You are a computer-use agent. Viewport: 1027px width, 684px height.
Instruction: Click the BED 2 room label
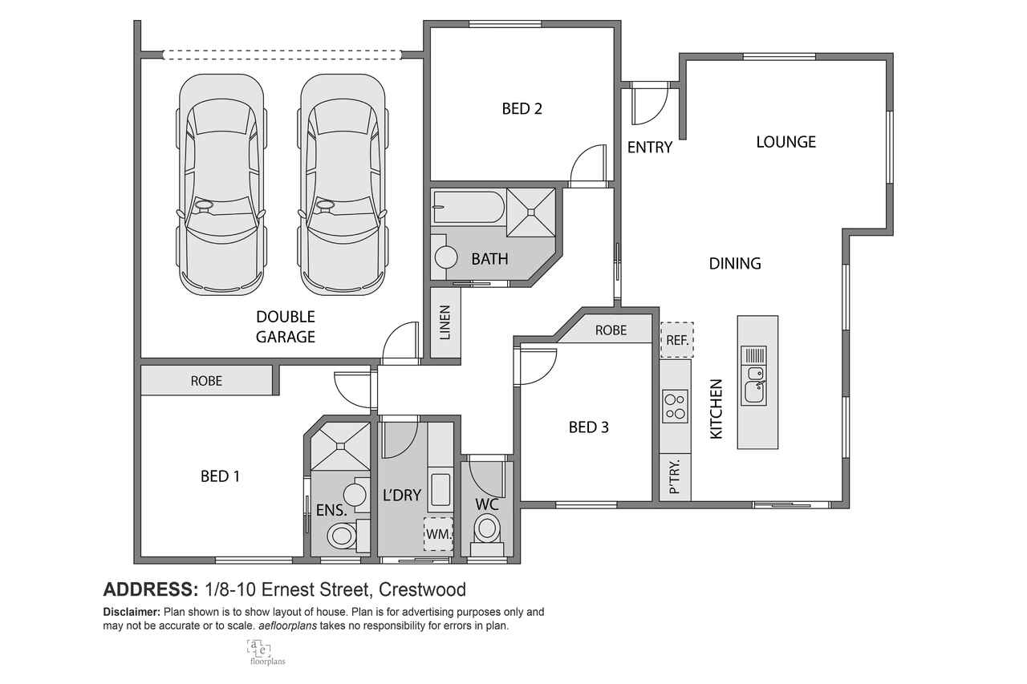(522, 108)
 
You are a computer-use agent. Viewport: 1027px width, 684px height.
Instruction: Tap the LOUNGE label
(785, 142)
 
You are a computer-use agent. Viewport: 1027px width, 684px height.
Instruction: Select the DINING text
(735, 264)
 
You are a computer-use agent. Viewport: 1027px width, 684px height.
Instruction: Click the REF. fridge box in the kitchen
(676, 340)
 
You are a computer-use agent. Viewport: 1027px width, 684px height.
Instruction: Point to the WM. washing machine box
(438, 534)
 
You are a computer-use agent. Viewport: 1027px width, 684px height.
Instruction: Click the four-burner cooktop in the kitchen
(676, 406)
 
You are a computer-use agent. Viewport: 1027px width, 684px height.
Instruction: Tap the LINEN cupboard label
(445, 322)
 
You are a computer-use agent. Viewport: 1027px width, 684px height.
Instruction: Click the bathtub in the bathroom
(468, 208)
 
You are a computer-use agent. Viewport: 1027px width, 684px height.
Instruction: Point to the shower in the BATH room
(531, 212)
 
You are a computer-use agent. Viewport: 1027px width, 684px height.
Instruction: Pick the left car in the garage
(221, 184)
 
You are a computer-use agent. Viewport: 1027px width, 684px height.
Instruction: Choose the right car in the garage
(343, 184)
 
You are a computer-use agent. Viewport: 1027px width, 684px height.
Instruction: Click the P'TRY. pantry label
(675, 476)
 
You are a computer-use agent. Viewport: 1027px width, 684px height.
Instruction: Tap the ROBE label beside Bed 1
(206, 381)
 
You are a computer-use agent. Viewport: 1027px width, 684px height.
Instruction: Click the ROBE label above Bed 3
(611, 330)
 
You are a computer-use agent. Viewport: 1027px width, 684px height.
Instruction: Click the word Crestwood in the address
(422, 589)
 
